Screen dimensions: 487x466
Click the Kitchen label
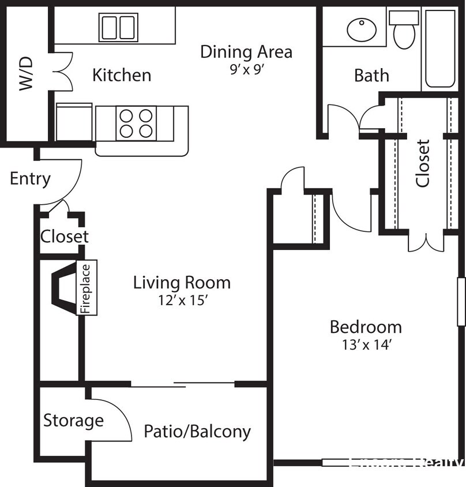122,75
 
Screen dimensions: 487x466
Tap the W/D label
27,74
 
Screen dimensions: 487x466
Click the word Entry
30,179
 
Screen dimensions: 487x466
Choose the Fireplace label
87,288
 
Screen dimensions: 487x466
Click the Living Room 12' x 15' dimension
182,301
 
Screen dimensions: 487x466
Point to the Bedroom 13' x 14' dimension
366,345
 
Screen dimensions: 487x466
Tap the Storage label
73,421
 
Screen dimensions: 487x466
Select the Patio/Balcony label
197,431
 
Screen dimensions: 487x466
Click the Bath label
371,75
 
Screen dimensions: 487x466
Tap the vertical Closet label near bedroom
423,163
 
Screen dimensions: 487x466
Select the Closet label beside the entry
65,236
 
